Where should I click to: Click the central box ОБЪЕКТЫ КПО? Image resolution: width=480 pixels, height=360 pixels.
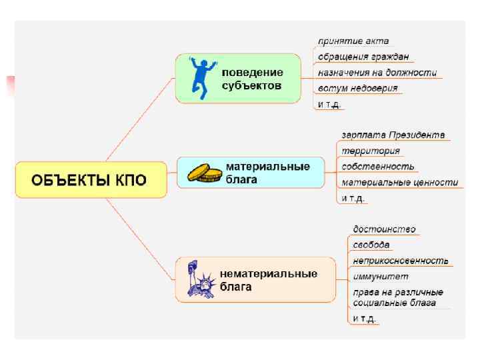[x=91, y=180]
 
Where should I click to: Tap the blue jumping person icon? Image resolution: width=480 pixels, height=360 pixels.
[x=199, y=77]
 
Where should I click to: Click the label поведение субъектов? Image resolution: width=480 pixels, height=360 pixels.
[x=253, y=79]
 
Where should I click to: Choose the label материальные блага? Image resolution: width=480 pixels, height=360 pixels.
[x=267, y=172]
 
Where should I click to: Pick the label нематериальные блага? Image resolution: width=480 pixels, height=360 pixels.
[x=269, y=280]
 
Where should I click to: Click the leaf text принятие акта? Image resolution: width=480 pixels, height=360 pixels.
[x=353, y=41]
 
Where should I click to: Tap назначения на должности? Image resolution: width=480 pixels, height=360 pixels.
[x=377, y=73]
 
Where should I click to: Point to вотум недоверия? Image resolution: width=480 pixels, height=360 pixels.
[x=358, y=88]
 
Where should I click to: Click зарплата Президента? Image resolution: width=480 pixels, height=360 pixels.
[x=393, y=135]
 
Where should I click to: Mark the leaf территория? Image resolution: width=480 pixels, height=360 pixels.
[x=371, y=151]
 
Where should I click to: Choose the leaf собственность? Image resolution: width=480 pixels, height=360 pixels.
[x=378, y=166]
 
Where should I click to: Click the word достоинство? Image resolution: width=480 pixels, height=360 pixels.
[x=385, y=229]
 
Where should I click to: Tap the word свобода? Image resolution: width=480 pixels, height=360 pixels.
[x=371, y=245]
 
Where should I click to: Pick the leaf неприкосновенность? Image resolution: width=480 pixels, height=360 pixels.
[x=401, y=261]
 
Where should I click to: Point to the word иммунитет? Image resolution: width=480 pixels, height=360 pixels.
[x=381, y=276]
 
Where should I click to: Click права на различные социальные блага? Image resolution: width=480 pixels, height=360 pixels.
[x=398, y=297]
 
